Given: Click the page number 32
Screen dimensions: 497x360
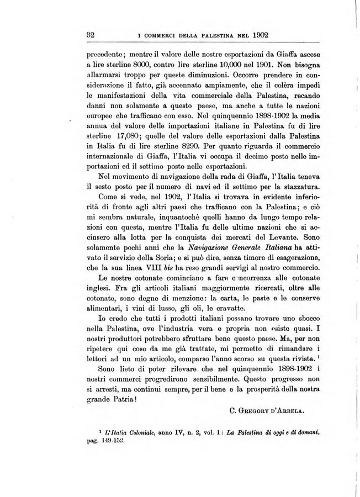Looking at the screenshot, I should tap(92, 34).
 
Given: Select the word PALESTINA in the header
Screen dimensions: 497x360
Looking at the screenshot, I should tap(204, 34).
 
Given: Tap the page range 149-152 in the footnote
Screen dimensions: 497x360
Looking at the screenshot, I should tap(112, 443).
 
